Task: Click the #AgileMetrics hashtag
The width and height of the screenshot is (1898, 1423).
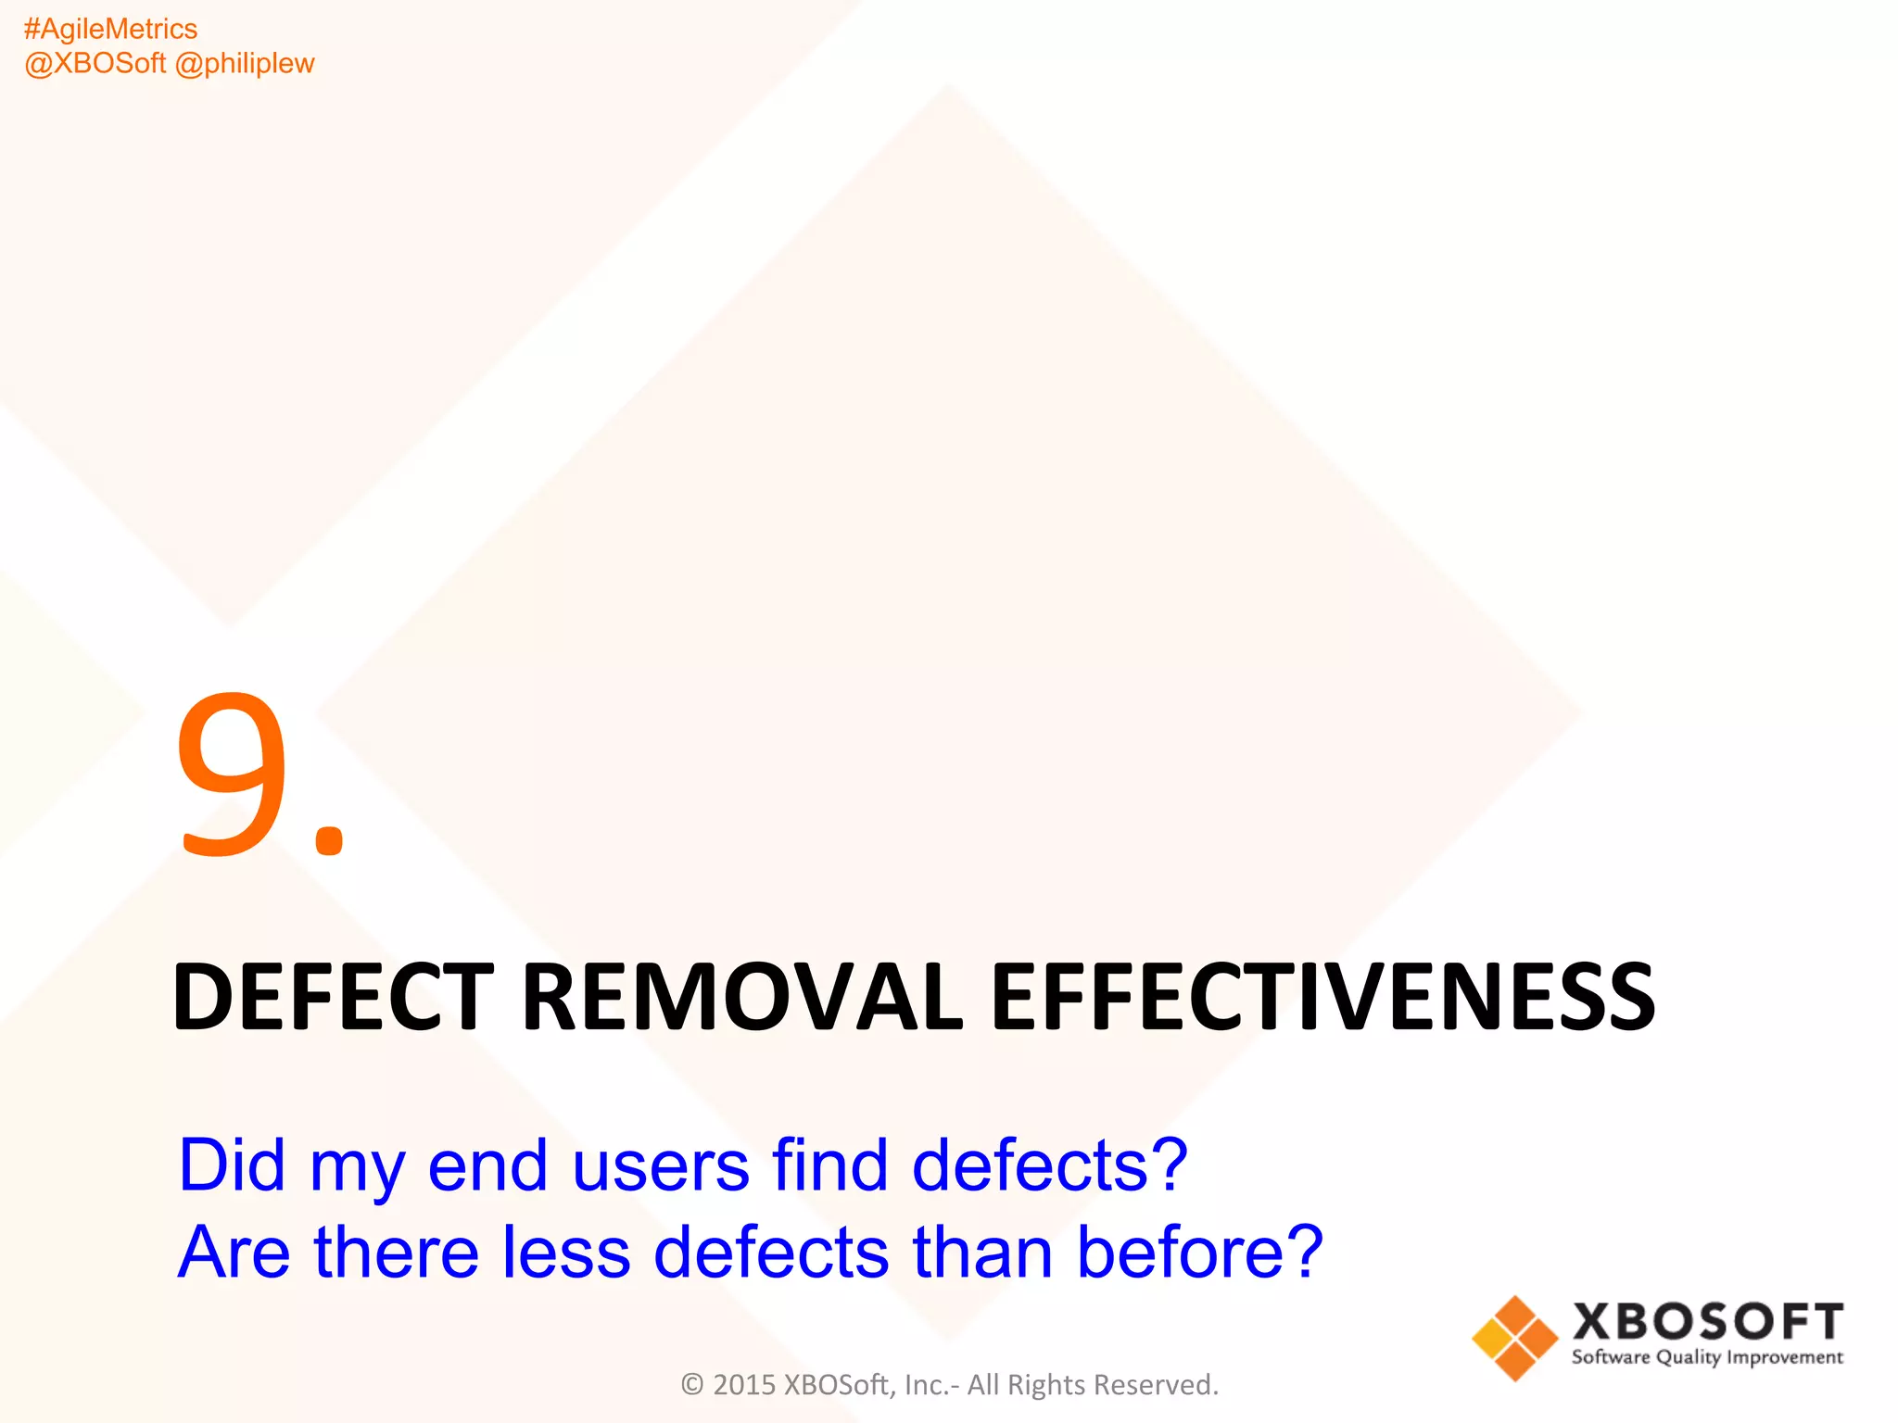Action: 110,30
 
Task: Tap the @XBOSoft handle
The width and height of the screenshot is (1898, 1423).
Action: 95,64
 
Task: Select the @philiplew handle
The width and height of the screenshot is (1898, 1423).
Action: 245,64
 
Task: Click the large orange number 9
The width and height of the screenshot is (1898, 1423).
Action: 233,773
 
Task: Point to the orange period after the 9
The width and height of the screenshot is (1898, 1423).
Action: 329,837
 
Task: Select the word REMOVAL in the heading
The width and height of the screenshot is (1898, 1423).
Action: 742,997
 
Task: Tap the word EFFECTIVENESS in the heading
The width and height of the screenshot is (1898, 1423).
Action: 1322,997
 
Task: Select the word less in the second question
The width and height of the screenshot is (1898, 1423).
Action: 566,1252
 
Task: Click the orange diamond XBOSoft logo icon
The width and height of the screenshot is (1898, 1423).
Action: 1515,1338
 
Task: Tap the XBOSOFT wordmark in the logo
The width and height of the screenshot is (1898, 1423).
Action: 1707,1322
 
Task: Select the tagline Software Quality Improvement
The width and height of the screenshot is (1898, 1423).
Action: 1707,1358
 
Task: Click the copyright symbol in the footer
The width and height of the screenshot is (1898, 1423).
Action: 692,1385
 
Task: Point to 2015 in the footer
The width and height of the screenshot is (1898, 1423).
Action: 744,1385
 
